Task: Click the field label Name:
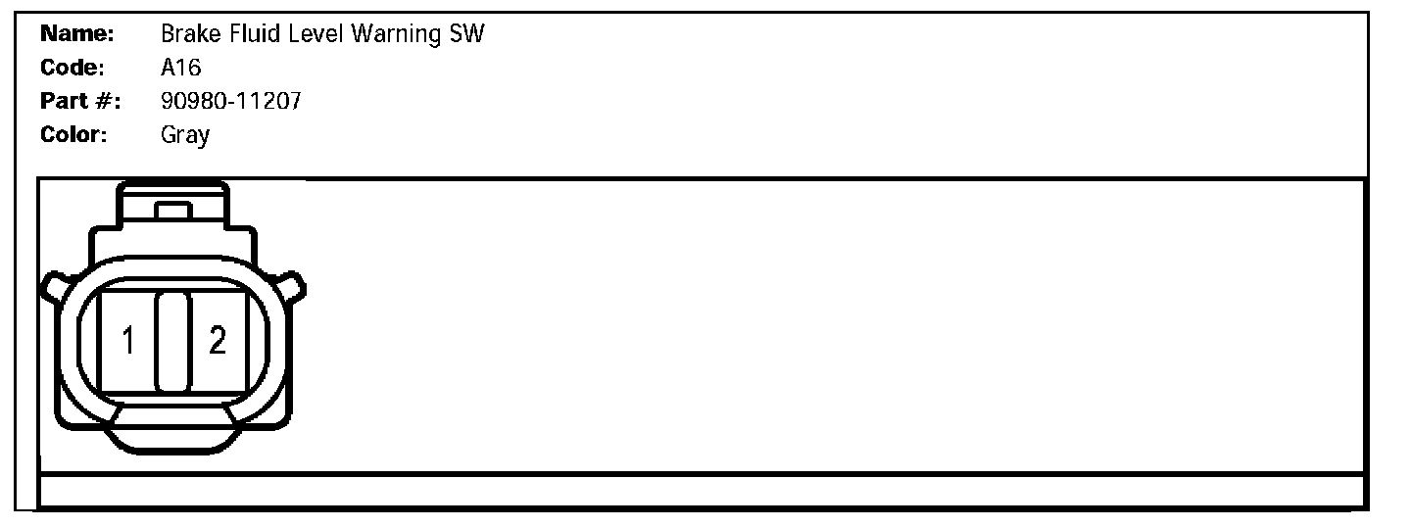tap(77, 34)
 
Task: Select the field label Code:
tap(73, 68)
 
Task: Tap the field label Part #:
tap(79, 101)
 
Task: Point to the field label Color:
tap(73, 134)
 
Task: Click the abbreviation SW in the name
tap(466, 34)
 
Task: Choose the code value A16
tap(180, 68)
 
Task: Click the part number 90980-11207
tap(230, 101)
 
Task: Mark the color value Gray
tap(184, 135)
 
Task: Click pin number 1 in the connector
tap(128, 341)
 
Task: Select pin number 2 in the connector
tap(218, 341)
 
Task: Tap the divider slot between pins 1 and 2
tap(172, 339)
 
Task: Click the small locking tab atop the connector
tap(173, 211)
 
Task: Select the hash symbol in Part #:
tap(103, 101)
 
